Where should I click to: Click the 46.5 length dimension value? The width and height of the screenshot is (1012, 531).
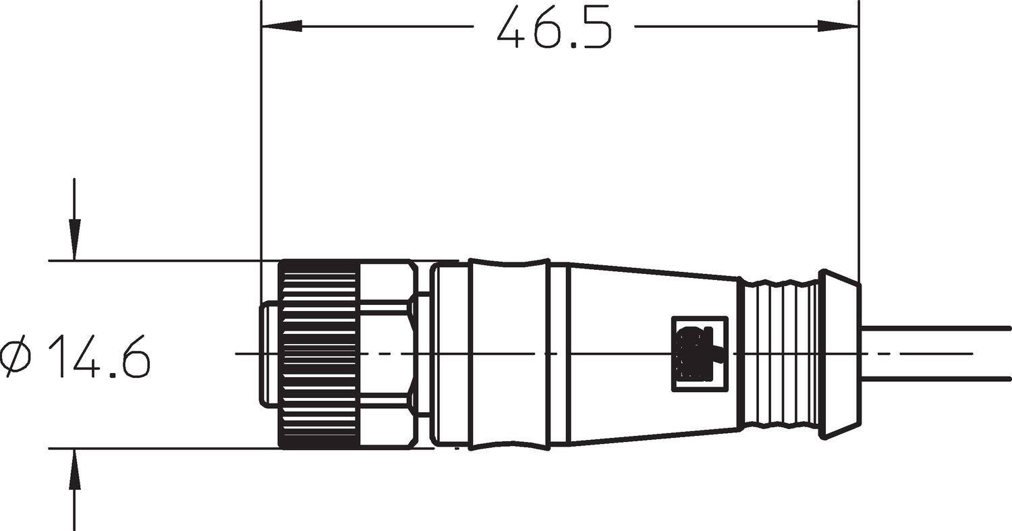click(x=554, y=28)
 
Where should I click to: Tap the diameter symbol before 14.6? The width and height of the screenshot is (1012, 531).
click(x=18, y=358)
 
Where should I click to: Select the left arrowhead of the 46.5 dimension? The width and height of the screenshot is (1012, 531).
click(x=282, y=26)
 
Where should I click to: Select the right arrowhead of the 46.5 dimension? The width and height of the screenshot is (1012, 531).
click(x=838, y=26)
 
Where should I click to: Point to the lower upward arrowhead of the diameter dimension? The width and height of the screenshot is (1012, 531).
click(x=74, y=470)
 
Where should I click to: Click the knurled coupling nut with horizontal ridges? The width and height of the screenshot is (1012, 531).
click(x=318, y=354)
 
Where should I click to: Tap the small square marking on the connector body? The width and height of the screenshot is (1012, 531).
click(x=700, y=354)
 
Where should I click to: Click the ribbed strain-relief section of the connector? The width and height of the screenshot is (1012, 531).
click(x=780, y=354)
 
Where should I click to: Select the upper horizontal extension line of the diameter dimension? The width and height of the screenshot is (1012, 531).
click(x=162, y=260)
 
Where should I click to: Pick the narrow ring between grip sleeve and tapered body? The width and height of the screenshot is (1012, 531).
click(x=559, y=354)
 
